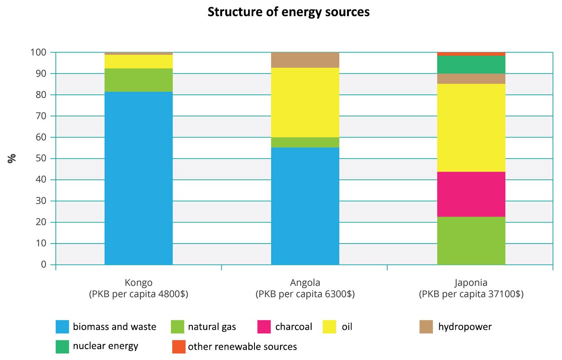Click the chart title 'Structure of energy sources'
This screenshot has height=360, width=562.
[x=288, y=12]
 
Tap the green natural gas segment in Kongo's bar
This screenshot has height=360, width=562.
[x=138, y=80]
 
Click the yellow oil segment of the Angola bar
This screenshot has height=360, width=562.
[x=305, y=102]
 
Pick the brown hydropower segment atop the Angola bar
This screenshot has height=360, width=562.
[x=305, y=60]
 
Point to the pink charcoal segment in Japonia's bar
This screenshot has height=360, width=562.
[x=471, y=194]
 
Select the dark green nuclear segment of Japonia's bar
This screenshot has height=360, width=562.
[x=471, y=65]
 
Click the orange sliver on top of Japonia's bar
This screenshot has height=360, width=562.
[x=471, y=54]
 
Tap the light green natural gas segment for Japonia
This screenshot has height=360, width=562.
[x=471, y=241]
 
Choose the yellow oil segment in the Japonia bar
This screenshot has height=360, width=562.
[x=471, y=128]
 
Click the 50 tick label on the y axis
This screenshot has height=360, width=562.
[x=41, y=159]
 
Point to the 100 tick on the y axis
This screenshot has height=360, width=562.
[x=39, y=53]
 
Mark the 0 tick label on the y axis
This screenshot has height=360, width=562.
[x=44, y=265]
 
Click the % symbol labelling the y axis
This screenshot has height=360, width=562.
[x=12, y=158]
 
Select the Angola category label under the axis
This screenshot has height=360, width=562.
[x=305, y=283]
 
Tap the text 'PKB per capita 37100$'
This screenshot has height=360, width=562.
[x=471, y=295]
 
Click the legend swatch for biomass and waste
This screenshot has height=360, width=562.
[x=62, y=327]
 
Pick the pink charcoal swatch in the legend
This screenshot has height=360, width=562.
[x=264, y=327]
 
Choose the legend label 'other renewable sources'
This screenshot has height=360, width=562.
[x=242, y=347]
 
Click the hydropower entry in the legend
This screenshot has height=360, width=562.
[x=465, y=327]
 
